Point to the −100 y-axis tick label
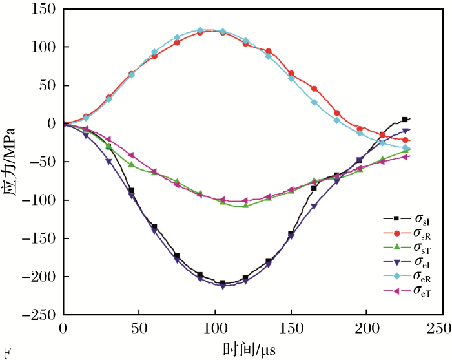point(37,200)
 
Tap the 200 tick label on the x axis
point(366,328)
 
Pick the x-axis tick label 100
point(214,328)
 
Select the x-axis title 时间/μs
point(252,350)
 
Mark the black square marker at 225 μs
point(405,120)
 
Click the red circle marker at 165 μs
point(314,89)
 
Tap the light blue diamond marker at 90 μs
point(200,30)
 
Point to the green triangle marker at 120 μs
point(245,206)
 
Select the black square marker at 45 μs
point(131,191)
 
